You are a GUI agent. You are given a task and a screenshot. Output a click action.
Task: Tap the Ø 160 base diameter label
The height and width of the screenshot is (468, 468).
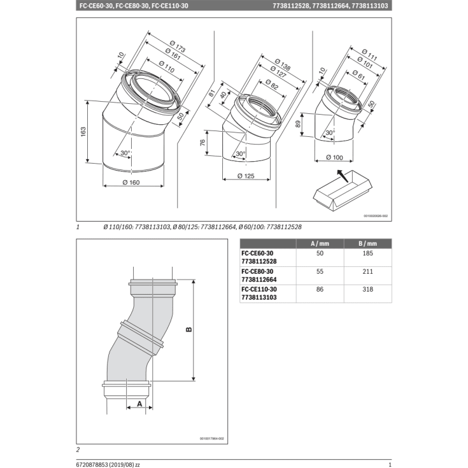coord(130,183)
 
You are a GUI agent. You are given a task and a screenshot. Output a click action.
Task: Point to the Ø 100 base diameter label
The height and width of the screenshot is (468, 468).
coord(335,157)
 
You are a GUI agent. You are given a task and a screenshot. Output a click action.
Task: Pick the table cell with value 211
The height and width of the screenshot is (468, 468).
coord(367,272)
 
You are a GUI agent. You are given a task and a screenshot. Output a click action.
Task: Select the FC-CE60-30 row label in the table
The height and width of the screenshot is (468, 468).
coord(258,253)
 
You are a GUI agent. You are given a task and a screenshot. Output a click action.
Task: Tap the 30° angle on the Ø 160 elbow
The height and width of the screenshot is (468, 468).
coord(124,153)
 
